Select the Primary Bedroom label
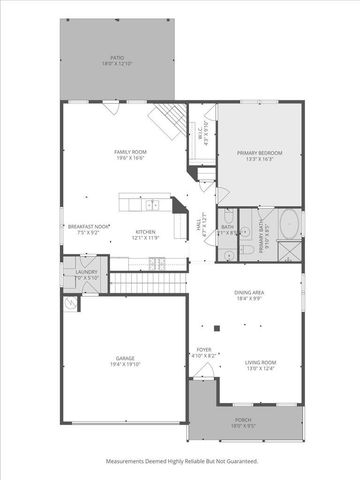click(x=260, y=155)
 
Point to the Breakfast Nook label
click(x=88, y=230)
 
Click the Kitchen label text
click(x=146, y=235)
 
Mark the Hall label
click(x=200, y=227)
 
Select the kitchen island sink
click(x=153, y=206)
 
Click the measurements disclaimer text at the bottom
click(x=180, y=461)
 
